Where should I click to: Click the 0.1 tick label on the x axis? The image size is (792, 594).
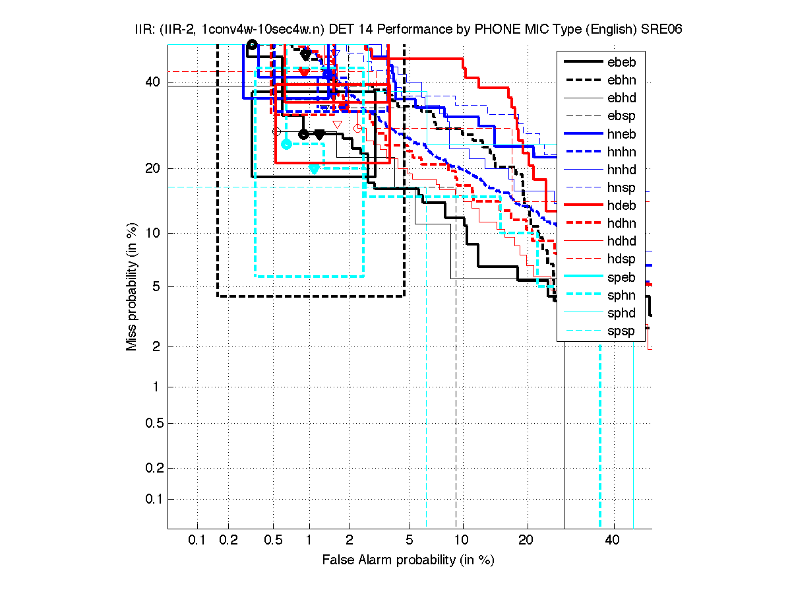pos(197,541)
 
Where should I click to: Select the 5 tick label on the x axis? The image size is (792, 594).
pos(409,541)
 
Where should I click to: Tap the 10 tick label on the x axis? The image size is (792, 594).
pos(463,541)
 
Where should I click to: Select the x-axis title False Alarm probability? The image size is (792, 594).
pos(408,560)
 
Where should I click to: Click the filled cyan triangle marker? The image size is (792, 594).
pos(314,170)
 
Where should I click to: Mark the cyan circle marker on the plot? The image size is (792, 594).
pos(286,144)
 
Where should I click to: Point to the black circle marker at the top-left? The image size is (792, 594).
pos(252,44)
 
